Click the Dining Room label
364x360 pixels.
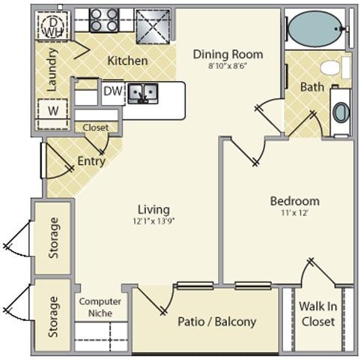pyautogui.click(x=228, y=55)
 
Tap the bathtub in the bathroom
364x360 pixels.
pyautogui.click(x=315, y=29)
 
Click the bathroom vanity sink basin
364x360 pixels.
pyautogui.click(x=342, y=112)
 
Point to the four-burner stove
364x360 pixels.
pyautogui.click(x=104, y=20)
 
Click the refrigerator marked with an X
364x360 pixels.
pyautogui.click(x=153, y=26)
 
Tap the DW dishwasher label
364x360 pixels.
pyautogui.click(x=113, y=91)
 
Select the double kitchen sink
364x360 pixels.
pyautogui.click(x=143, y=94)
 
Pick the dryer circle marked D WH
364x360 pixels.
pyautogui.click(x=53, y=26)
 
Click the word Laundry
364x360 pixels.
pyautogui.click(x=52, y=70)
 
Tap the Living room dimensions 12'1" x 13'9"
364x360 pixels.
pyautogui.click(x=154, y=221)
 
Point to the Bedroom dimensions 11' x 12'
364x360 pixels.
pyautogui.click(x=295, y=213)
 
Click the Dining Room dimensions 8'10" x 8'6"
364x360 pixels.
pyautogui.click(x=228, y=66)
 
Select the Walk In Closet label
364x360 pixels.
pyautogui.click(x=318, y=314)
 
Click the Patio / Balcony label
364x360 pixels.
pyautogui.click(x=217, y=322)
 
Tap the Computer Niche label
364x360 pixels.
pyautogui.click(x=100, y=307)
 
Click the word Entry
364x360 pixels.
pyautogui.click(x=91, y=161)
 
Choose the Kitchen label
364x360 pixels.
pyautogui.click(x=127, y=61)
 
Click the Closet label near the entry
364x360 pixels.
pyautogui.click(x=96, y=127)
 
